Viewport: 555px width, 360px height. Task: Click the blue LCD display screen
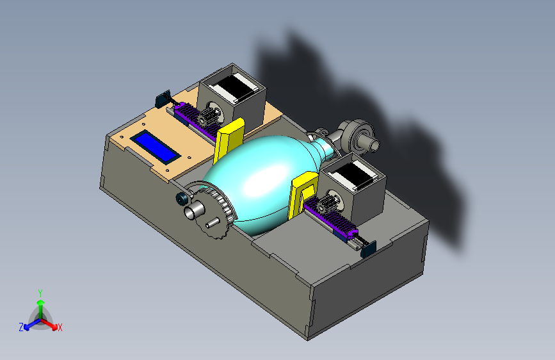tap(156, 147)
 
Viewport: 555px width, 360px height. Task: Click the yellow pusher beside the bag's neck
tap(303, 194)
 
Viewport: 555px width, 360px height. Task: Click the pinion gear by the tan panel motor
tap(206, 117)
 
